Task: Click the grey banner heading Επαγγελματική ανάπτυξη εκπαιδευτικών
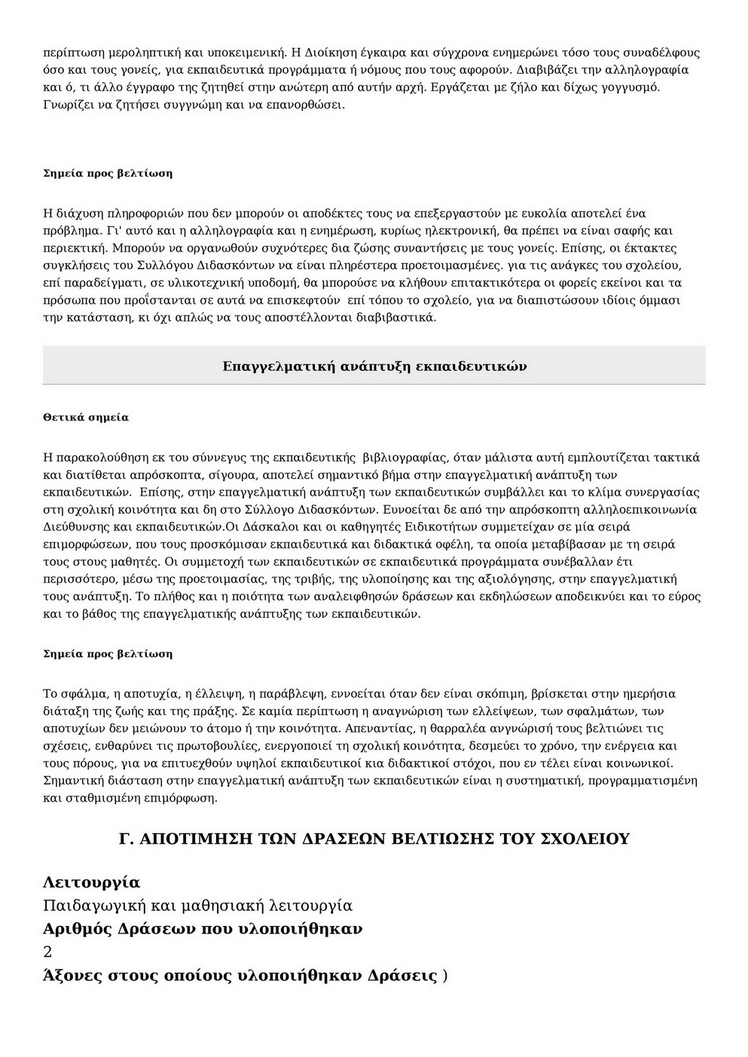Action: point(374,366)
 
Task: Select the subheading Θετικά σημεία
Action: point(86,417)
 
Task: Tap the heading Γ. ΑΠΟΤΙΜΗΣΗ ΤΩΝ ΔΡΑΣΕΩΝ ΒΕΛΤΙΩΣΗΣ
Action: point(374,839)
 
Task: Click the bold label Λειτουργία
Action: point(92,882)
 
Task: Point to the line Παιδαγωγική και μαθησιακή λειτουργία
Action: point(197,906)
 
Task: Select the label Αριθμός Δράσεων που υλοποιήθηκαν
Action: point(203,929)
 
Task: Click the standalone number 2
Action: point(48,952)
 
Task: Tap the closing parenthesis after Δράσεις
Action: point(445,976)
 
